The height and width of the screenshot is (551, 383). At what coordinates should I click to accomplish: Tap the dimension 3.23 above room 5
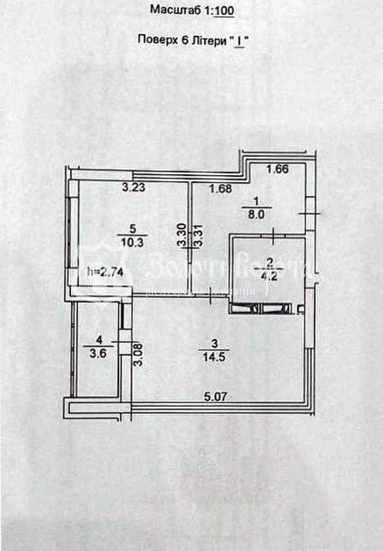(134, 188)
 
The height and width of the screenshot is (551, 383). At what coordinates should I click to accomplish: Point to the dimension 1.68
(221, 188)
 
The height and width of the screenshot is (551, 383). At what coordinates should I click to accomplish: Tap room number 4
(97, 341)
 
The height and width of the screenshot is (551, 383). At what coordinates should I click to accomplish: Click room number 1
(254, 199)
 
